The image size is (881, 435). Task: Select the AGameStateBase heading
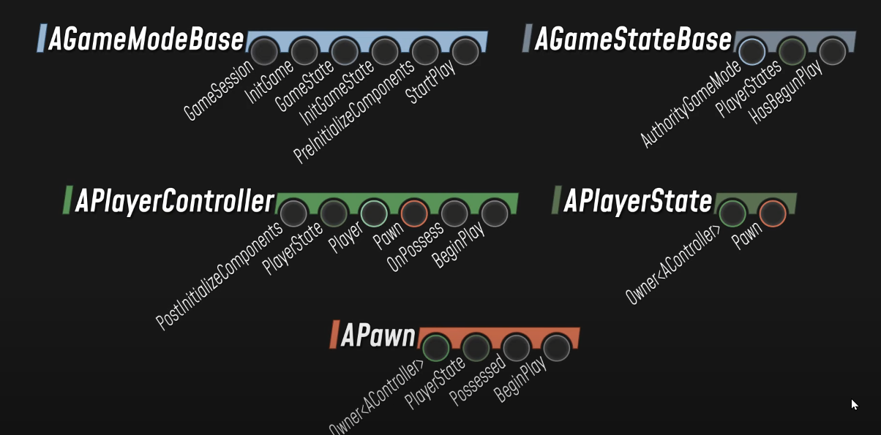click(633, 39)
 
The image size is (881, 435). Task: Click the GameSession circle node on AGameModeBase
click(264, 52)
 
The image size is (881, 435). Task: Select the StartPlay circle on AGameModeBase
click(465, 52)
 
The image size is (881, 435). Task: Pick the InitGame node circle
click(304, 52)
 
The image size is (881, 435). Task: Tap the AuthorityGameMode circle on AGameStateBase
click(751, 52)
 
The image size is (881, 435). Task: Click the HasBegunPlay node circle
click(832, 52)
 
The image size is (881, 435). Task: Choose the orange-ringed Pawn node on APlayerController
click(414, 213)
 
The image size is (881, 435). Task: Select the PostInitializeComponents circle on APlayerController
click(293, 213)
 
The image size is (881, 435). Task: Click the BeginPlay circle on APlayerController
click(495, 213)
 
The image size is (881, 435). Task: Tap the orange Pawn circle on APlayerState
click(773, 213)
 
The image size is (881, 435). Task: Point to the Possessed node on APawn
click(516, 348)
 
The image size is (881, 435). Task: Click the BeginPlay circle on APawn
click(556, 348)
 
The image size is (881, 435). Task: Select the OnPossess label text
click(416, 249)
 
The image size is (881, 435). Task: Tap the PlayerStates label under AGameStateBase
click(748, 90)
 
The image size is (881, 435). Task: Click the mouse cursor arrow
click(854, 404)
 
